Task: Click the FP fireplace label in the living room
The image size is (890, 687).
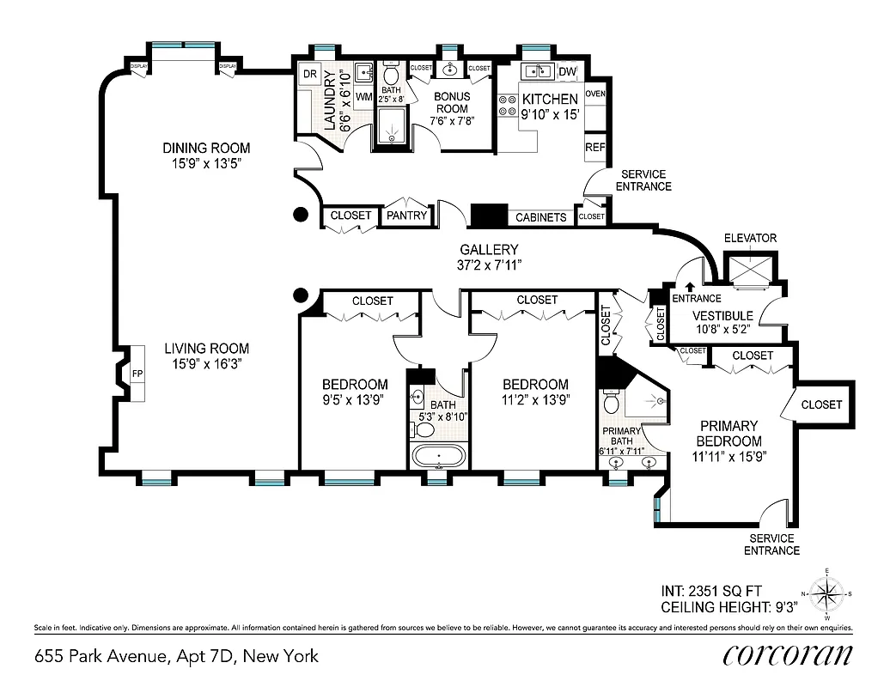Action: point(137,374)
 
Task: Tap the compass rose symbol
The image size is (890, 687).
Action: point(826,593)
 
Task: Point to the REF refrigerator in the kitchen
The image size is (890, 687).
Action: point(594,147)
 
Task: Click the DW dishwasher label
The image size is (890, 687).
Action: point(568,71)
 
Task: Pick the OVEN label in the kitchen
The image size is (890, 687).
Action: point(594,93)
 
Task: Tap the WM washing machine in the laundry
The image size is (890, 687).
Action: point(363,97)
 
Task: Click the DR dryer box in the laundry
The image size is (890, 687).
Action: point(310,74)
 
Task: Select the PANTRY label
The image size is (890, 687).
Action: point(406,216)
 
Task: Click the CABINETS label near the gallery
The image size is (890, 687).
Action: point(540,217)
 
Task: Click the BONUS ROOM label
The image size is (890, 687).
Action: point(451,103)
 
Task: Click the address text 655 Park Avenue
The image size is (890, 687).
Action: point(176,656)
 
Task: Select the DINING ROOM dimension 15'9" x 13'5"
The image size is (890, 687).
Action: point(206,163)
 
